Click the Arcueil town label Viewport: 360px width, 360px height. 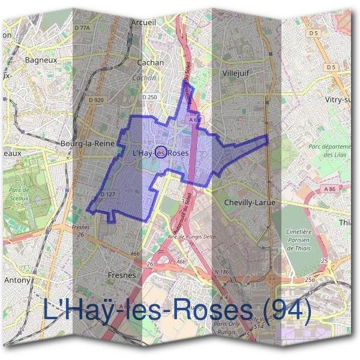143,23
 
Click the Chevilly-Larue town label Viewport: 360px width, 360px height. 249,203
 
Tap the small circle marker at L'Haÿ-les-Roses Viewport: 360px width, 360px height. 161,152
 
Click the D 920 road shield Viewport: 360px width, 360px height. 95,100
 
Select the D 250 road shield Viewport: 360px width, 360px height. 149,97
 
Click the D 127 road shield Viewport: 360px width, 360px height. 108,194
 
